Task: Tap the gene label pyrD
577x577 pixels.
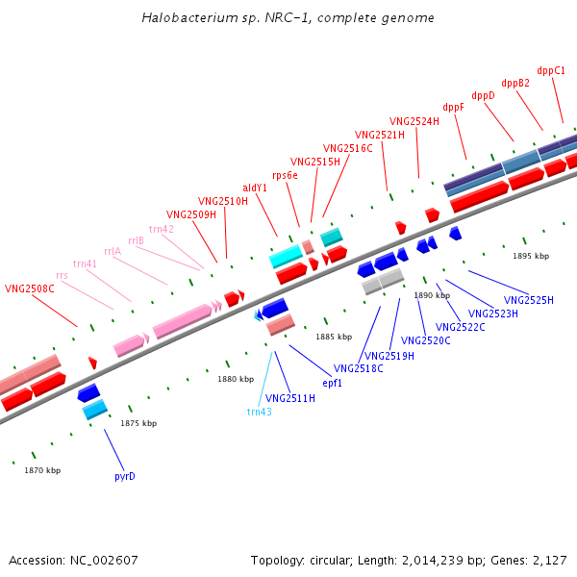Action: pos(125,476)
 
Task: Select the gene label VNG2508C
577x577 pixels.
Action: pos(30,288)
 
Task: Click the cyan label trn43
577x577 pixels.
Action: pos(260,412)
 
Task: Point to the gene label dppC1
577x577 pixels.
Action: pos(551,70)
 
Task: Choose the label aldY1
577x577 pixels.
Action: pos(255,188)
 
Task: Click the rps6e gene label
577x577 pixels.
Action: pos(285,175)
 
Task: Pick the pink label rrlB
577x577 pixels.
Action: pos(136,240)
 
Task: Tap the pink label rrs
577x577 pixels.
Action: pos(63,276)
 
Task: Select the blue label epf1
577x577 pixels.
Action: pos(333,383)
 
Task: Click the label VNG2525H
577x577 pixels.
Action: pos(529,301)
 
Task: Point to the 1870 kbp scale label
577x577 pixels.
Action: pos(42,470)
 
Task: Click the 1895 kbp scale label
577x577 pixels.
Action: pos(531,256)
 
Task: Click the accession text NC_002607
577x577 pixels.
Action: pos(73,560)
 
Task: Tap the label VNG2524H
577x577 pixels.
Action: pos(414,121)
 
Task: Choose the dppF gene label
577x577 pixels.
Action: pos(453,108)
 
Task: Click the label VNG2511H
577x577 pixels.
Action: pos(290,398)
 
